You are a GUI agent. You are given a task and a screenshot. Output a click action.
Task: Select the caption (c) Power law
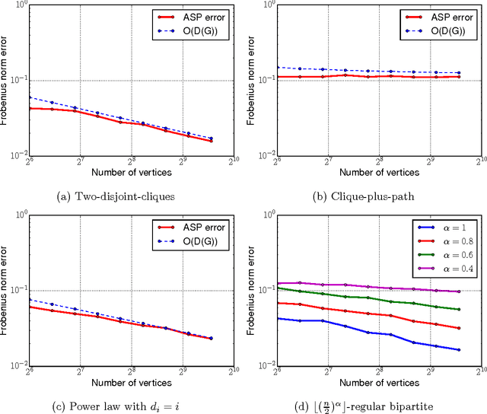[x=115, y=403]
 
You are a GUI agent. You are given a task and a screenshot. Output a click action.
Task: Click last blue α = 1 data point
[x=459, y=350]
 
